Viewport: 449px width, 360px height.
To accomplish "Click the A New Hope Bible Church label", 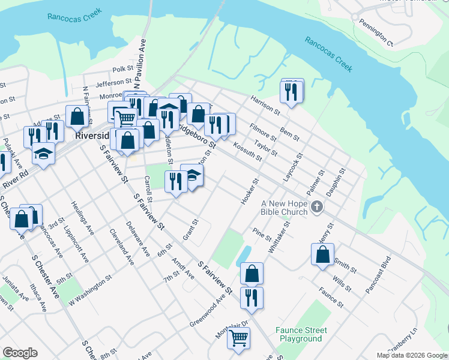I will pos(284,208).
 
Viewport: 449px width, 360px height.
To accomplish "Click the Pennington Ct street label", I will pos(376,35).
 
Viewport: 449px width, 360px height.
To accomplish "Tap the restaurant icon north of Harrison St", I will pos(292,92).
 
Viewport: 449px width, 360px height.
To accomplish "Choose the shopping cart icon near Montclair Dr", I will pos(238,338).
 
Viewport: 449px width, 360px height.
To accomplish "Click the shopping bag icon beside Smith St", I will pos(322,254).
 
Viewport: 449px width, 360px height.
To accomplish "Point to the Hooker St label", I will pos(250,191).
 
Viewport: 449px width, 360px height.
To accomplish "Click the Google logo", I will pos(20,353).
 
